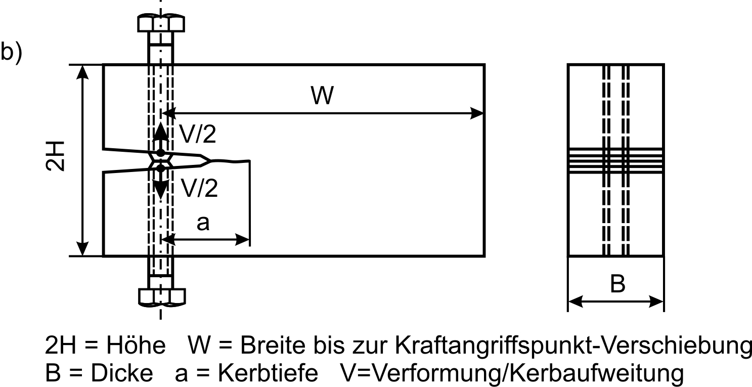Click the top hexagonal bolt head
point(161,23)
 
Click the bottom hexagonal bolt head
point(162,297)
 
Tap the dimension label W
point(322,96)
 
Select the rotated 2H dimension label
point(55,156)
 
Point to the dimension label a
point(203,223)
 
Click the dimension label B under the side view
point(617,284)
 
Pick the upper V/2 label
point(198,134)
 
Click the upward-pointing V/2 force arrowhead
point(161,132)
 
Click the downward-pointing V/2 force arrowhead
point(161,189)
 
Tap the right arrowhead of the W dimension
point(477,113)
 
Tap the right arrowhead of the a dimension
point(243,240)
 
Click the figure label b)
point(11,52)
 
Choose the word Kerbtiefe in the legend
point(268,373)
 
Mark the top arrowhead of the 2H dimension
point(82,72)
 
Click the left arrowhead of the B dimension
point(576,302)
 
